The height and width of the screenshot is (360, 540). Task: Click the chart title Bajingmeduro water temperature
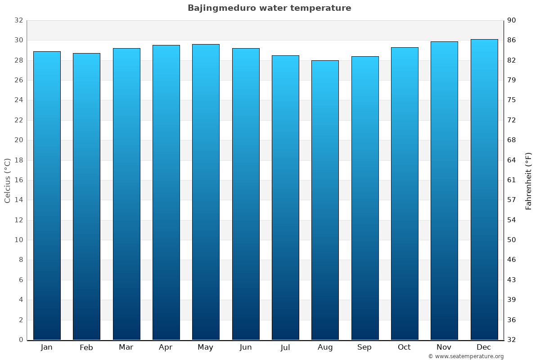(x=269, y=8)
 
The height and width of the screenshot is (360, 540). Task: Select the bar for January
(x=47, y=196)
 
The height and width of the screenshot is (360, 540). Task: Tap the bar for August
(x=325, y=200)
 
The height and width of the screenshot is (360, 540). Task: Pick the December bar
(x=484, y=189)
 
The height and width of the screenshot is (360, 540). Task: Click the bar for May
(x=206, y=192)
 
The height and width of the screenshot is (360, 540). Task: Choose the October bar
(x=405, y=193)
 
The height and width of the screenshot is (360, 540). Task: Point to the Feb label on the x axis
(x=86, y=347)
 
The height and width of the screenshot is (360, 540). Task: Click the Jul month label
(x=285, y=347)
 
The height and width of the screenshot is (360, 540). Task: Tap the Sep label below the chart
(x=364, y=347)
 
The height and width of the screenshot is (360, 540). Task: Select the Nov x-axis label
(x=444, y=347)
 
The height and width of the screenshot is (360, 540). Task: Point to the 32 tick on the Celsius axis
(x=18, y=20)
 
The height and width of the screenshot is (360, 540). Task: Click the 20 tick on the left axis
(x=18, y=140)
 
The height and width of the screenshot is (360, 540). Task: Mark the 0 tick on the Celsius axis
(x=21, y=340)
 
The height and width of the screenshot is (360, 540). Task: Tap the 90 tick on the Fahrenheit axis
(x=512, y=20)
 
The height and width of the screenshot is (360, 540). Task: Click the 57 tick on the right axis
(x=512, y=200)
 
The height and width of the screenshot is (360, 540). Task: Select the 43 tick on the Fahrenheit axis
(x=512, y=280)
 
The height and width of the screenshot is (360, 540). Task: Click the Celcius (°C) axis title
(x=7, y=180)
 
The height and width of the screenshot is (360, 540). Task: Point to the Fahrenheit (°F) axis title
(x=528, y=180)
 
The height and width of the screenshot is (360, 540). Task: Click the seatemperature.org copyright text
(x=466, y=356)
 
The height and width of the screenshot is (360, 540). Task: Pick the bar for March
(x=126, y=194)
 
